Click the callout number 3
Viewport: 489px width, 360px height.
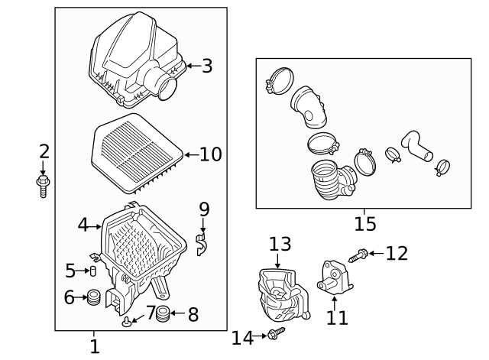(206, 66)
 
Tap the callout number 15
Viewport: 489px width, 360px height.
(364, 224)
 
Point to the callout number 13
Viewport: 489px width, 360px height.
(280, 244)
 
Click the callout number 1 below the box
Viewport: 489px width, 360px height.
(94, 346)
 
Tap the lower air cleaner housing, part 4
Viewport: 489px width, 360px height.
(141, 248)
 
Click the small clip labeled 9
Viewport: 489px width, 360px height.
(202, 245)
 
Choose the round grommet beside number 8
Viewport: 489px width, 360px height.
(163, 313)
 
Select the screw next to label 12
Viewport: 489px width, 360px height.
(358, 255)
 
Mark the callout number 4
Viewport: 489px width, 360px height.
(83, 225)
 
